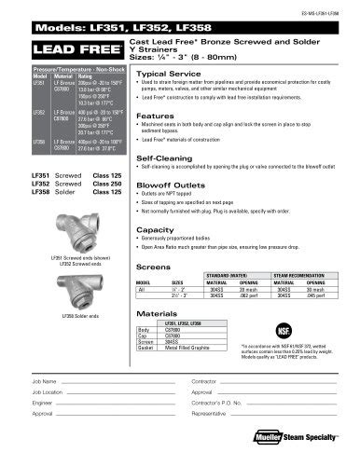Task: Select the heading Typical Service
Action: (161, 73)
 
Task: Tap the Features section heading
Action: (152, 115)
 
